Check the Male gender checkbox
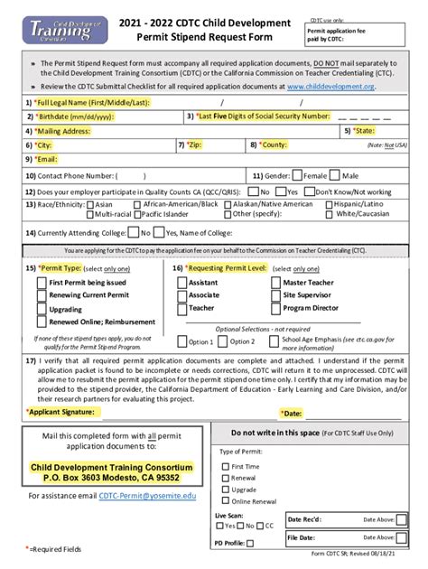pyautogui.click(x=337, y=175)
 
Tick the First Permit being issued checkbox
pyautogui.click(x=41, y=283)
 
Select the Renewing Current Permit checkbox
pyautogui.click(x=41, y=295)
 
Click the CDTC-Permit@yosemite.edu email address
pyautogui.click(x=146, y=496)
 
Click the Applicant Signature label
pyautogui.click(x=65, y=411)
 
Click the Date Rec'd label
pyautogui.click(x=305, y=520)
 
